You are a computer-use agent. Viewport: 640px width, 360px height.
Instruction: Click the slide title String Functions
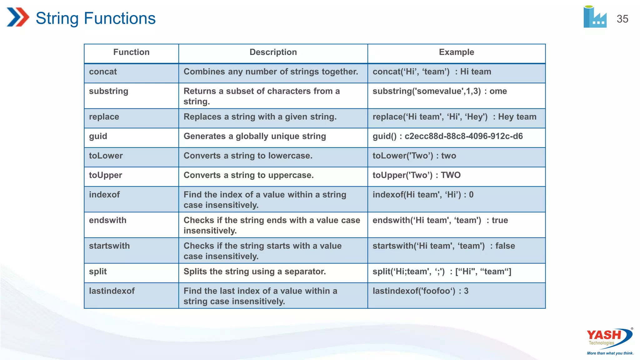pyautogui.click(x=95, y=18)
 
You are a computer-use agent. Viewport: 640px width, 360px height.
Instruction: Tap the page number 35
pyautogui.click(x=622, y=19)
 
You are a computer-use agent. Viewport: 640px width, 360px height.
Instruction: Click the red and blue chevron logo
pyautogui.click(x=18, y=17)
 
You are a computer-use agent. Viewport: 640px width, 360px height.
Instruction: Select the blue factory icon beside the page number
pyautogui.click(x=595, y=17)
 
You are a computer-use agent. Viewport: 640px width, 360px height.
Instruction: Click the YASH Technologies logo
pyautogui.click(x=609, y=337)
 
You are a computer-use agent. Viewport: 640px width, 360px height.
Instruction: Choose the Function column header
pyautogui.click(x=131, y=52)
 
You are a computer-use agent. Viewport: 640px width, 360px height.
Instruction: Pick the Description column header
pyautogui.click(x=273, y=52)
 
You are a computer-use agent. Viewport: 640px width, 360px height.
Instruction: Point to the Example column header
pyautogui.click(x=456, y=52)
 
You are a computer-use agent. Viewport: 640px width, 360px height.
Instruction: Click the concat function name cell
pyautogui.click(x=103, y=72)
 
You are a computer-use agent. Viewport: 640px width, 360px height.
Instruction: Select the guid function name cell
pyautogui.click(x=98, y=136)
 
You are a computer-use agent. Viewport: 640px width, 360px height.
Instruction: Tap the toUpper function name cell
pyautogui.click(x=106, y=175)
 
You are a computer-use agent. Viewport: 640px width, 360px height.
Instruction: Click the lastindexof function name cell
pyautogui.click(x=112, y=291)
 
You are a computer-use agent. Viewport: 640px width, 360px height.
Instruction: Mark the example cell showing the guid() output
pyautogui.click(x=447, y=136)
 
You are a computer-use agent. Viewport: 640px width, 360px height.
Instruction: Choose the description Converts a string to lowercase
pyautogui.click(x=248, y=156)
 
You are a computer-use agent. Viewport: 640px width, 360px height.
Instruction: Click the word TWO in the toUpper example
pyautogui.click(x=451, y=175)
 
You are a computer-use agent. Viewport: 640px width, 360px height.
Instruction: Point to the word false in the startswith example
pyautogui.click(x=505, y=246)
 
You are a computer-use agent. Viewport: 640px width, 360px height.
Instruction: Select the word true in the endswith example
pyautogui.click(x=500, y=220)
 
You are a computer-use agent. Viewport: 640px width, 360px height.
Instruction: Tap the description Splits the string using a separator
pyautogui.click(x=255, y=272)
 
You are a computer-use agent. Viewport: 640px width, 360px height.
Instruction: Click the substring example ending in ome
pyautogui.click(x=440, y=91)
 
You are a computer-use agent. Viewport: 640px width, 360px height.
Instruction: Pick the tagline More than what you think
pyautogui.click(x=610, y=353)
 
